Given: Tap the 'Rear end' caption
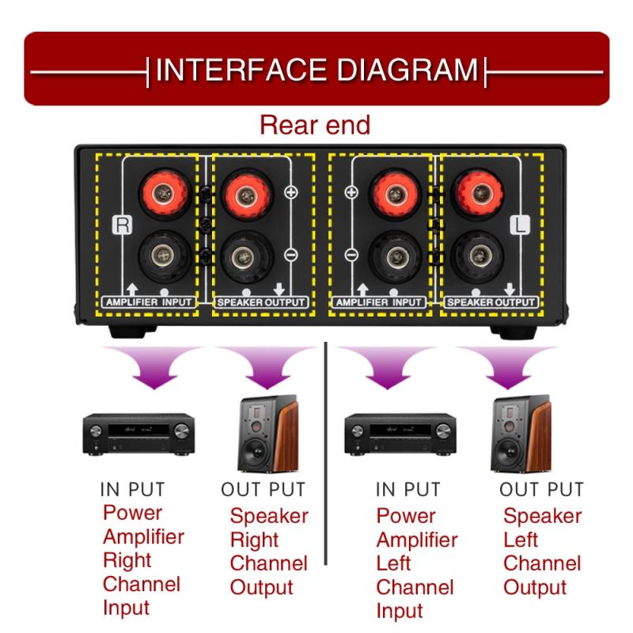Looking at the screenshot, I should coord(316,125).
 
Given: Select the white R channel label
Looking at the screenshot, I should coord(122,224).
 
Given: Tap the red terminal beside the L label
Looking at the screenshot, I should coord(476,191).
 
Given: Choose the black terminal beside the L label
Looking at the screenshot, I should coord(476,257).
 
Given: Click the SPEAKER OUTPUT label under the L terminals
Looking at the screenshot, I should coord(491,302).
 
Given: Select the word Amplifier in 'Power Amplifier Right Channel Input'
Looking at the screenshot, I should coord(143,536).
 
